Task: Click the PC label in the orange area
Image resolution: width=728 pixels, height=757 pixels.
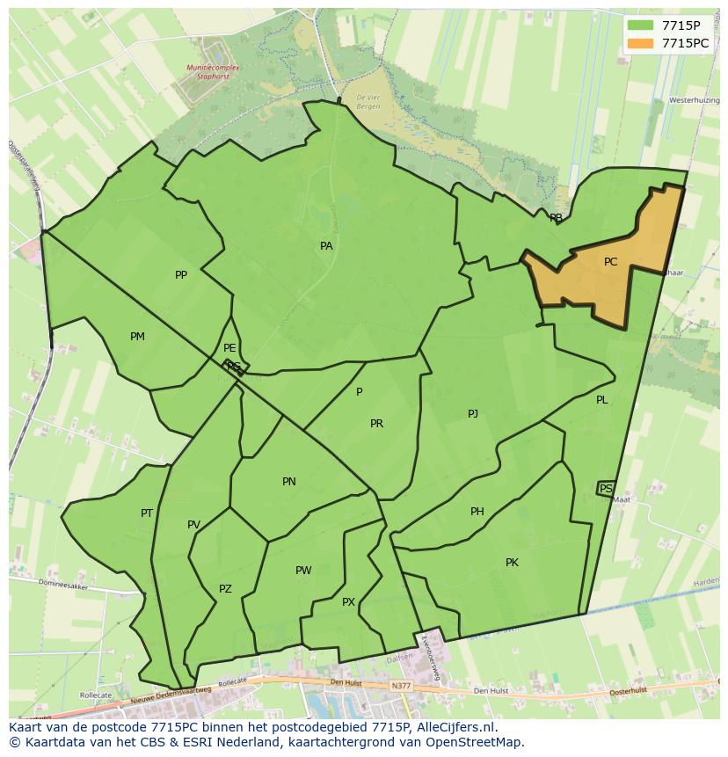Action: click(x=610, y=262)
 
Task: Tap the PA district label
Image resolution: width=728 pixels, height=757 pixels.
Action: click(x=326, y=246)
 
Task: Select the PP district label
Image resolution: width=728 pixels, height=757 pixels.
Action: click(x=181, y=275)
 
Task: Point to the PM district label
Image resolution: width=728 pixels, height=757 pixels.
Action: click(x=137, y=337)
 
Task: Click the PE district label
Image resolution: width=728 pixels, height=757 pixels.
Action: click(x=229, y=348)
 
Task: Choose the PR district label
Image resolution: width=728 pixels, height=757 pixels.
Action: click(x=376, y=424)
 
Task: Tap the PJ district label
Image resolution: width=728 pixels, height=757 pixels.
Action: click(x=472, y=413)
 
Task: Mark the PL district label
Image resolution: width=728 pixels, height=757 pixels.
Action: click(x=601, y=400)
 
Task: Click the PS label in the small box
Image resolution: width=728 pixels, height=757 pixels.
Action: click(x=606, y=488)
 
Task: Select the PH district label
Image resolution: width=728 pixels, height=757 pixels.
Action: click(x=477, y=512)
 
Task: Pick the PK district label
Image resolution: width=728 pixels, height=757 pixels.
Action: click(x=512, y=563)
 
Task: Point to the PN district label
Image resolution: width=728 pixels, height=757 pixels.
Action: click(x=289, y=482)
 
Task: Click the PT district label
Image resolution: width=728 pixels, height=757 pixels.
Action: click(x=147, y=513)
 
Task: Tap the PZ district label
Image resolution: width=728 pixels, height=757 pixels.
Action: click(x=225, y=589)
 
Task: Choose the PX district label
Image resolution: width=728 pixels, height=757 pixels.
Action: click(x=348, y=602)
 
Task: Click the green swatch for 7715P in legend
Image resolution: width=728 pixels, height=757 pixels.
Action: click(x=640, y=25)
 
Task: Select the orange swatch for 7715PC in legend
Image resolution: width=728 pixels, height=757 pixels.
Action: click(x=640, y=43)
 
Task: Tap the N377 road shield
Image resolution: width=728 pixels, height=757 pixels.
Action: click(x=401, y=685)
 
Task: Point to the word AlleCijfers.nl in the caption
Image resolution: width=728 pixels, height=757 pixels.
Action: click(x=455, y=728)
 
